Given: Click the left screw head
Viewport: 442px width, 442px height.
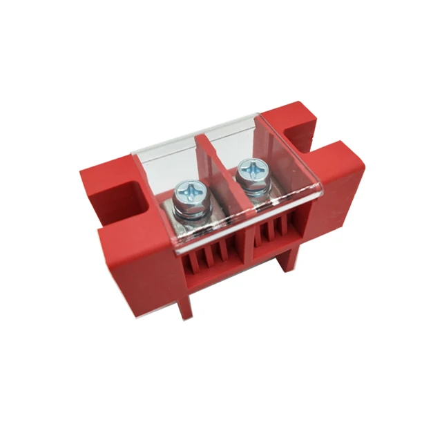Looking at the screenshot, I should [x=187, y=191].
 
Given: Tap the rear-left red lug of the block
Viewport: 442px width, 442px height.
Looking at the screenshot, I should [x=104, y=183].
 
